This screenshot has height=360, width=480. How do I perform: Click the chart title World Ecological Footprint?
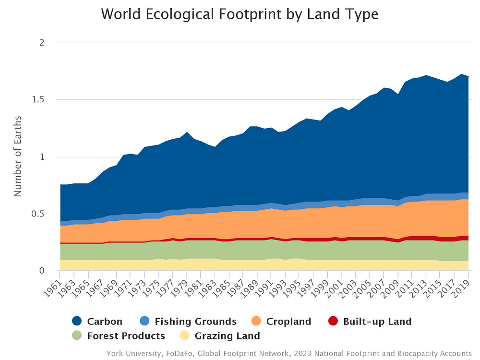[x=240, y=14]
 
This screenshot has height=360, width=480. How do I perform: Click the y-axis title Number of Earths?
[x=18, y=156]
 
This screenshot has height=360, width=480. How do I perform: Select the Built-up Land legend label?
[x=377, y=322]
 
